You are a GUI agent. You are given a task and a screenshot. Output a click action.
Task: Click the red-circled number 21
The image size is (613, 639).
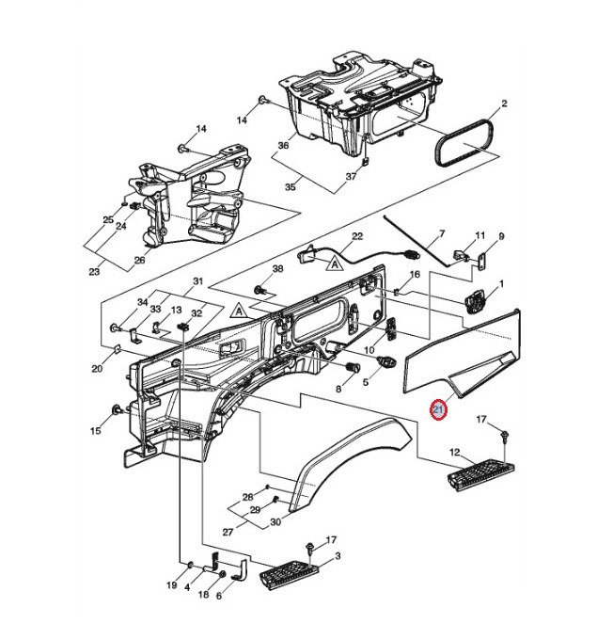pos(437,410)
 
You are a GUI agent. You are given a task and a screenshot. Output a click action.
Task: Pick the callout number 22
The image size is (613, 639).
pos(356,236)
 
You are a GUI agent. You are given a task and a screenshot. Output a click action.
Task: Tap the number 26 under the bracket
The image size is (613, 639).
pos(139,261)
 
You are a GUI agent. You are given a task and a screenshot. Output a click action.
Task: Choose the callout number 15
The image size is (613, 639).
pos(96,431)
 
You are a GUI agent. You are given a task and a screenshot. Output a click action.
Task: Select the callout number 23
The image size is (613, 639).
pos(93,272)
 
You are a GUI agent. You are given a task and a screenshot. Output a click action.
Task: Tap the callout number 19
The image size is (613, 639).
pos(172,585)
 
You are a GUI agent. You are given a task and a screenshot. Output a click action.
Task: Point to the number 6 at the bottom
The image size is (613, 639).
pos(219,596)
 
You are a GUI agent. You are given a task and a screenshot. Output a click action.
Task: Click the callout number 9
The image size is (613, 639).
pos(501,236)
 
